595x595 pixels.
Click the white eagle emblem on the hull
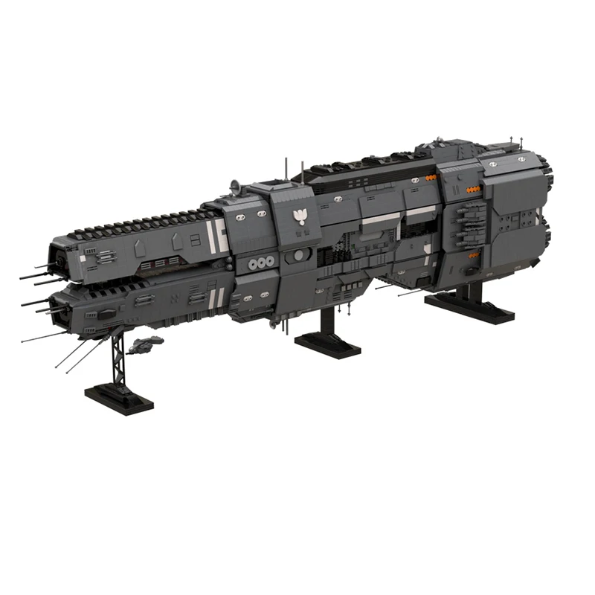point(300,216)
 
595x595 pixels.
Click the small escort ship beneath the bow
point(146,343)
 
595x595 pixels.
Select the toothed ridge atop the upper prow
point(141,222)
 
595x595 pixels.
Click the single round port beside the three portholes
point(298,255)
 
